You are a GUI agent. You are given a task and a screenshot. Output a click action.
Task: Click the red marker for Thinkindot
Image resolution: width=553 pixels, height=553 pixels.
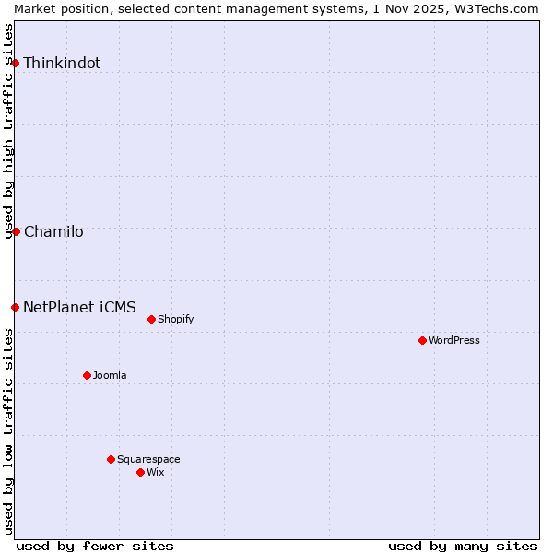pos(16,63)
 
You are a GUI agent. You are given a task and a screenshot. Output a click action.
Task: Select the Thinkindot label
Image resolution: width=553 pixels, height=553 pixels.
pos(62,64)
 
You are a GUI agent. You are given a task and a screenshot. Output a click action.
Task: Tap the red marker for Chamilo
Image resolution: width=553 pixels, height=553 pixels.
pos(16,231)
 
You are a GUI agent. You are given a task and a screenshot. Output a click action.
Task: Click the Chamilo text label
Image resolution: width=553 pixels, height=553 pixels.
pos(53,232)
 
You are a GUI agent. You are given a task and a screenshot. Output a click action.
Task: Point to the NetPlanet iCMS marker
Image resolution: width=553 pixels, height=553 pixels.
pos(15,307)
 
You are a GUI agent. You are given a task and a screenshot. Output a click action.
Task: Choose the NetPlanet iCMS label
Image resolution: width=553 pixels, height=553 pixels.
pos(79,308)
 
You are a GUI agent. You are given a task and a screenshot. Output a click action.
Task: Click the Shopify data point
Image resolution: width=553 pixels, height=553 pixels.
pos(151,319)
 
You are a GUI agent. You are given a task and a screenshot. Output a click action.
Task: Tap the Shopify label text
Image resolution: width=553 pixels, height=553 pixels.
pos(175,320)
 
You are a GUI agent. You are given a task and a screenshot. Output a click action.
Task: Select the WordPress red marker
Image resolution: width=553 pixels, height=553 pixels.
pos(422,340)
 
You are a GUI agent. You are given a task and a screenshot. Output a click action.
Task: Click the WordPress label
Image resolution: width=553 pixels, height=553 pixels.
pos(454,341)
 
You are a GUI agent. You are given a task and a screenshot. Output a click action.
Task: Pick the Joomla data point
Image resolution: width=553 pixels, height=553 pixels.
pos(87,375)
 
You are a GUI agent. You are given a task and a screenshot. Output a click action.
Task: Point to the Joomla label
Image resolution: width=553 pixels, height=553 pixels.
pos(110,376)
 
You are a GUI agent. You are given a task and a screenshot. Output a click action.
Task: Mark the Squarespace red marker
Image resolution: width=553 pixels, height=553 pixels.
pos(111,459)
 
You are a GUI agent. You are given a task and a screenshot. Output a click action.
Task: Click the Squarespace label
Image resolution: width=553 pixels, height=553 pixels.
pos(148,460)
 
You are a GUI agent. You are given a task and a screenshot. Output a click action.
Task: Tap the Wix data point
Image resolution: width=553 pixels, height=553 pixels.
pos(140,472)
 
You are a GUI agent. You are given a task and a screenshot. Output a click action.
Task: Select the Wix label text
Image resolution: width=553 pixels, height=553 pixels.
pos(156,473)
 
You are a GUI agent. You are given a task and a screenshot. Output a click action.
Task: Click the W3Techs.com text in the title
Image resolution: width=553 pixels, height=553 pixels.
pos(502,8)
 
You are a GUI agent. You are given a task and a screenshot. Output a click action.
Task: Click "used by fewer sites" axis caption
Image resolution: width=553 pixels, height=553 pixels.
pos(95,546)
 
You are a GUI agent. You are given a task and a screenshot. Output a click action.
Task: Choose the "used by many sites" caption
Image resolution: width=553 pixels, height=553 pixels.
pos(463,546)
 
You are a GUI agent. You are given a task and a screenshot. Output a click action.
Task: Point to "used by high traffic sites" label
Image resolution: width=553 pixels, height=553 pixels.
pos(8,131)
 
